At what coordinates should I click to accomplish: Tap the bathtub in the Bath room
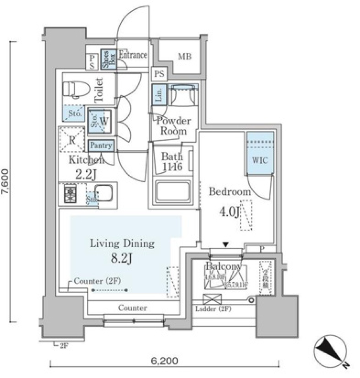173,191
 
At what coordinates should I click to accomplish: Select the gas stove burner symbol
70,193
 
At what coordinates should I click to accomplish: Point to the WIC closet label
259,160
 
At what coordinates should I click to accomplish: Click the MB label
184,57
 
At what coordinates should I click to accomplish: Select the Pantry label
101,145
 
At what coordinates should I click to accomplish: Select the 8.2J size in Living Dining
122,258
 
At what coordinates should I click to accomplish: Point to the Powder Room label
173,126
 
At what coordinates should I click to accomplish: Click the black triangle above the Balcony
225,245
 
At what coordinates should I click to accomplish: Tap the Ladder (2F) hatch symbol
212,299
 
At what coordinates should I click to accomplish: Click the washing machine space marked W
105,121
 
